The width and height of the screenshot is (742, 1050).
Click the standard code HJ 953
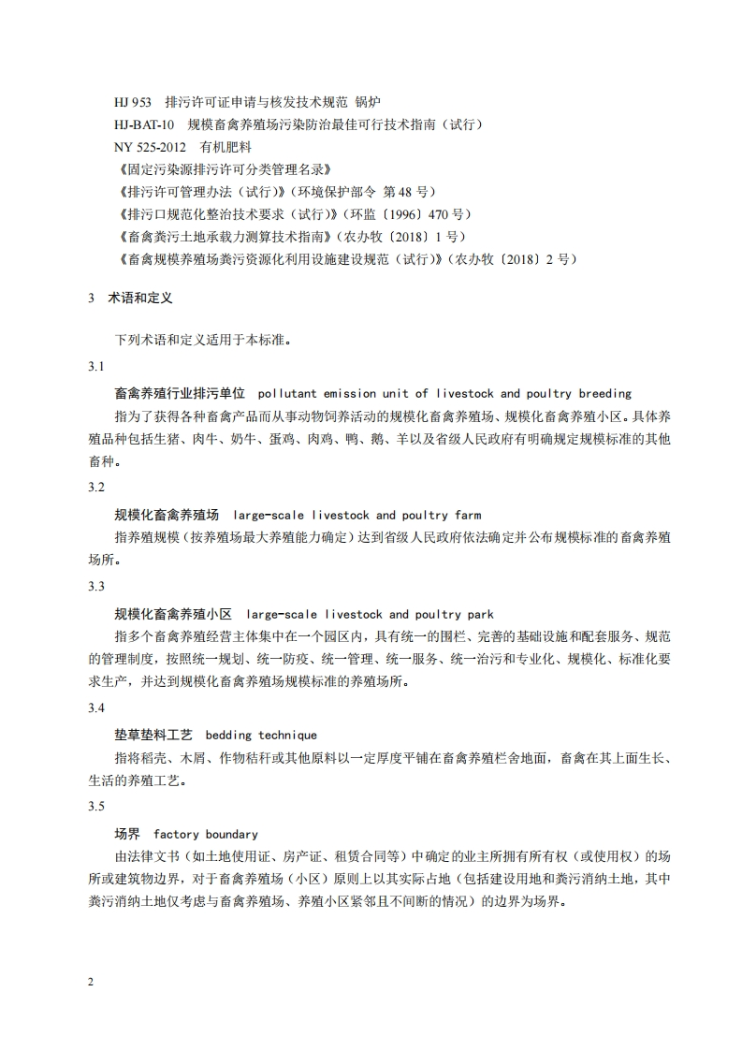pyautogui.click(x=132, y=101)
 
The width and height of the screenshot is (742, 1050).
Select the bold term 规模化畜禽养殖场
pyautogui.click(x=167, y=516)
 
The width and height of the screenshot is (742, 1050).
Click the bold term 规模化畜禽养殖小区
pyautogui.click(x=173, y=615)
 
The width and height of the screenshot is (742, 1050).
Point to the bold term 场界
pyautogui.click(x=127, y=834)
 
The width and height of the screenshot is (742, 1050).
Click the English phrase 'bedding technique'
pyautogui.click(x=260, y=736)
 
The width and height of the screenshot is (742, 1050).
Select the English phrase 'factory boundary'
pyautogui.click(x=206, y=834)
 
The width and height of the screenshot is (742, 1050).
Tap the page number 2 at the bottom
pyautogui.click(x=91, y=982)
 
